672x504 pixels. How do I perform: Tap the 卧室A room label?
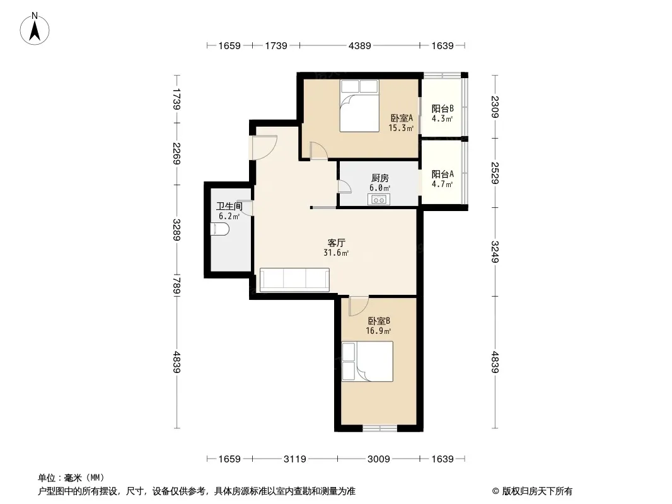[401, 118]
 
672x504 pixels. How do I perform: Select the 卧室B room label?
[379, 321]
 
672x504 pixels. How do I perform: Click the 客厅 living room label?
[336, 243]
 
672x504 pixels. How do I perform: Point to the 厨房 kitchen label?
[379, 178]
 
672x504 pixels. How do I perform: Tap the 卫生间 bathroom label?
[229, 206]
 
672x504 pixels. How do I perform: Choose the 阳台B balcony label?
[443, 109]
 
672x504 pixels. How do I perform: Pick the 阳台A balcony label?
[443, 175]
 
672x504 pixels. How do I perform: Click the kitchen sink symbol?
[378, 199]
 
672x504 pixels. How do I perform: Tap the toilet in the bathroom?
[220, 229]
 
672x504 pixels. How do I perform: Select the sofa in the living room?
[294, 280]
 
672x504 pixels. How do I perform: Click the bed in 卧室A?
[359, 106]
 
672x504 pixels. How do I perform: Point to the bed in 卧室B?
[368, 362]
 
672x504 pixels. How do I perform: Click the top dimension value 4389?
[359, 45]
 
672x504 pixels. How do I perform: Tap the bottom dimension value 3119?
[295, 459]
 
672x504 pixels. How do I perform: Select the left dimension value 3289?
[177, 230]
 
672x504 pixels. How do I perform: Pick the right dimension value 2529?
[495, 173]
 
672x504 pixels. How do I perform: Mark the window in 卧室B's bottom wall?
[379, 428]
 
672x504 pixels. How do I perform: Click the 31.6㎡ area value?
[336, 253]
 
